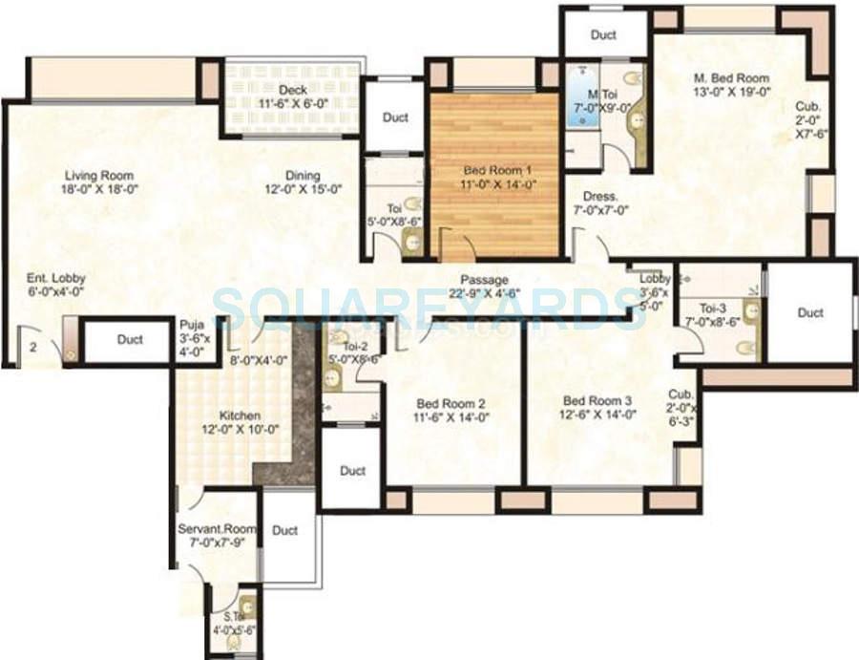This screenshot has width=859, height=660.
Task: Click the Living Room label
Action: (x=99, y=176)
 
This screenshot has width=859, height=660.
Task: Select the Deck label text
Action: (x=293, y=90)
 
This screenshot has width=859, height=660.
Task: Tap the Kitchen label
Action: (x=240, y=416)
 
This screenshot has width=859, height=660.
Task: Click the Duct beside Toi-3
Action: (x=810, y=312)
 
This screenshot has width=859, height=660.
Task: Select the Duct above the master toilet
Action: (x=603, y=35)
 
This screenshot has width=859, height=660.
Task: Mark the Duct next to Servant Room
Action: (x=285, y=531)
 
